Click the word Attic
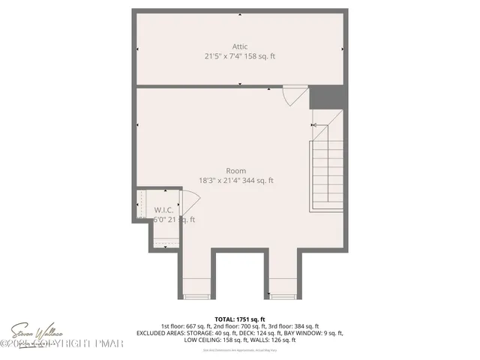click(240, 46)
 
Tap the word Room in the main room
click(236, 171)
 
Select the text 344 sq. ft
click(257, 181)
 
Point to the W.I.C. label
click(165, 210)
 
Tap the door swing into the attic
click(295, 95)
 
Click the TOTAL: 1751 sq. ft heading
click(240, 319)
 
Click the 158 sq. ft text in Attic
click(257, 56)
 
